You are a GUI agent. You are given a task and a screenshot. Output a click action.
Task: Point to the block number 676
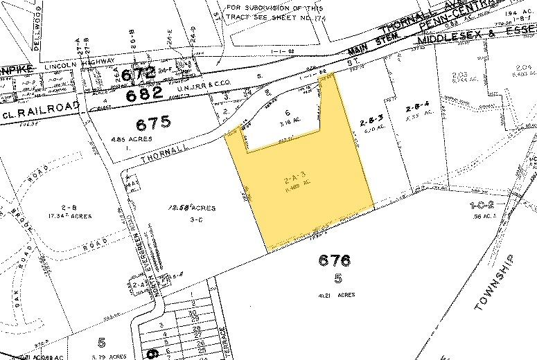[336, 261]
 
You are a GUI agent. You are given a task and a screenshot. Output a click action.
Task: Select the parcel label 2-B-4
[418, 106]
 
